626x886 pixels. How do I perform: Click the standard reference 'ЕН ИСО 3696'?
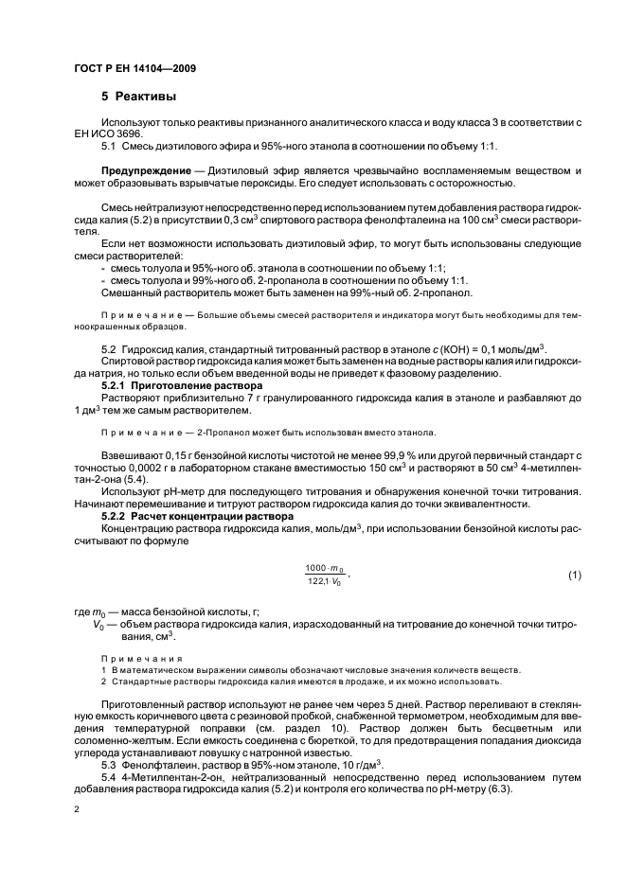point(108,135)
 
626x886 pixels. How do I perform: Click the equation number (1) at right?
point(574,576)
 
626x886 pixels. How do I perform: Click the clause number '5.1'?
point(108,147)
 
